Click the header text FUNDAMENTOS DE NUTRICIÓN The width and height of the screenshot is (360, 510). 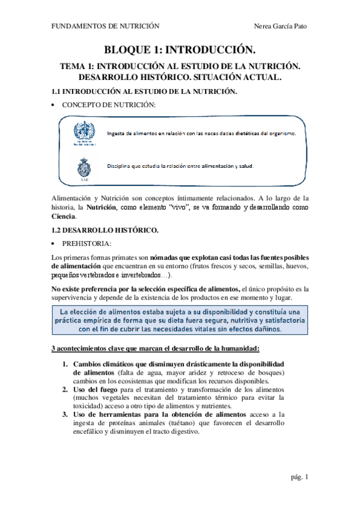tap(105, 26)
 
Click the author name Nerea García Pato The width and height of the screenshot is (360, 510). tap(281, 26)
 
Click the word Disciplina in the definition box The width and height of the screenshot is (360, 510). tap(120, 166)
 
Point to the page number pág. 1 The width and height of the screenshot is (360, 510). tap(298, 477)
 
